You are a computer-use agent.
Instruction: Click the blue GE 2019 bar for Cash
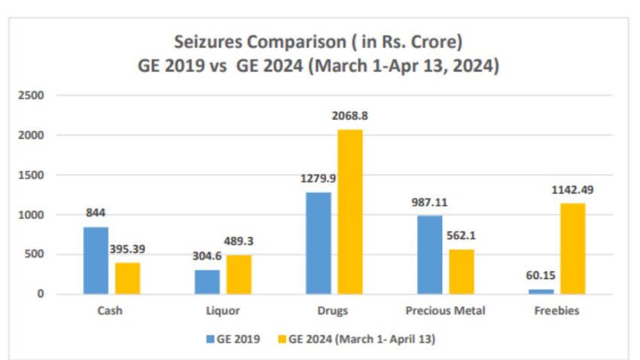(96, 261)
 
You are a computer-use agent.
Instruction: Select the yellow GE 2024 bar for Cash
(127, 278)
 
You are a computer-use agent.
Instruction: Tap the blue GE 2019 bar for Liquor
(207, 282)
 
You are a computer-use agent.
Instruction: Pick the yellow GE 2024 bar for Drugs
(349, 212)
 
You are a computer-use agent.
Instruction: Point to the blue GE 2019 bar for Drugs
(318, 243)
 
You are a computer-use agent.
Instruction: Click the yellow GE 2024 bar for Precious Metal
(462, 271)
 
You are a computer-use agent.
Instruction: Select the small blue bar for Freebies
(541, 291)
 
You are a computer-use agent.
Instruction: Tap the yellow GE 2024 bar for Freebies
(572, 249)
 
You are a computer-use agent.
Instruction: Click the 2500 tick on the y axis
(32, 96)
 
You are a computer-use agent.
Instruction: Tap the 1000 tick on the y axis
(32, 215)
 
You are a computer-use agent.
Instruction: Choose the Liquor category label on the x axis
(223, 310)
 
